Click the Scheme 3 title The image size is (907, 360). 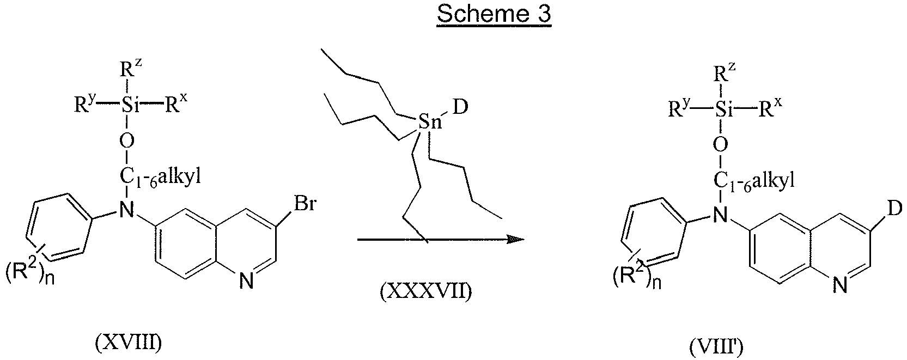[494, 15]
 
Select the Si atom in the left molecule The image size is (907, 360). [127, 106]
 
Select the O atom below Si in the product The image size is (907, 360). [721, 144]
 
